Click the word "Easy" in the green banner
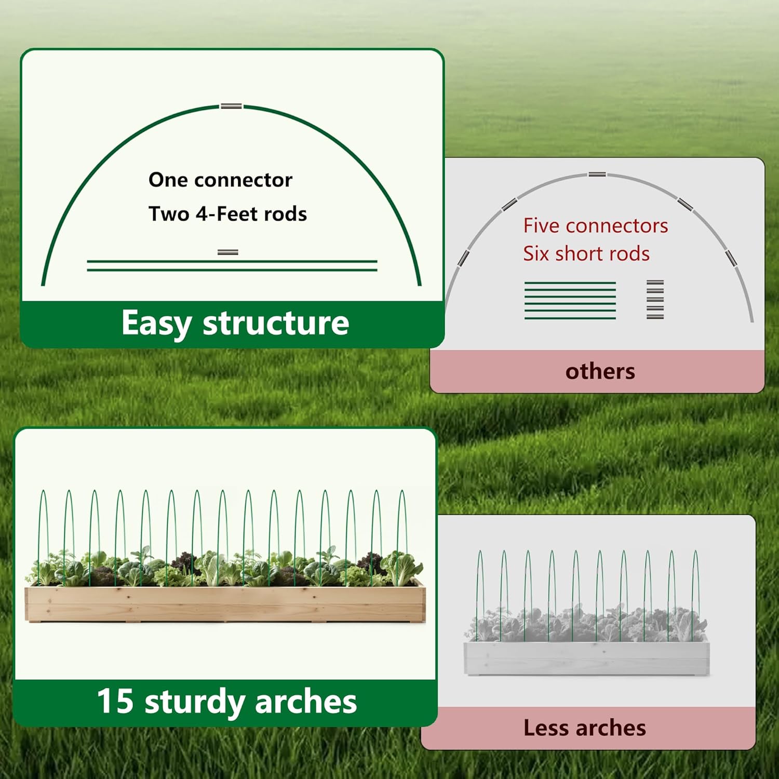(156, 324)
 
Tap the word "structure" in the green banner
(276, 323)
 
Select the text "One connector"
(221, 180)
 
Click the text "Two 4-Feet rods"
(227, 213)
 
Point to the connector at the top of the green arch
(232, 106)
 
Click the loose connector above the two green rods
(228, 252)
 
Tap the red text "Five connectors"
(596, 225)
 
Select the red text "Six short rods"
(586, 253)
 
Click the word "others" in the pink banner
(600, 371)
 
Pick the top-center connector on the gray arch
(597, 174)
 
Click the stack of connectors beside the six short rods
(655, 299)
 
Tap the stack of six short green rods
(570, 300)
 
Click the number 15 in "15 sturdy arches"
(115, 701)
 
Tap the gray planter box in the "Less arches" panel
(586, 657)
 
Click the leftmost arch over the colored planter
(44, 537)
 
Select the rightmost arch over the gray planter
(695, 595)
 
